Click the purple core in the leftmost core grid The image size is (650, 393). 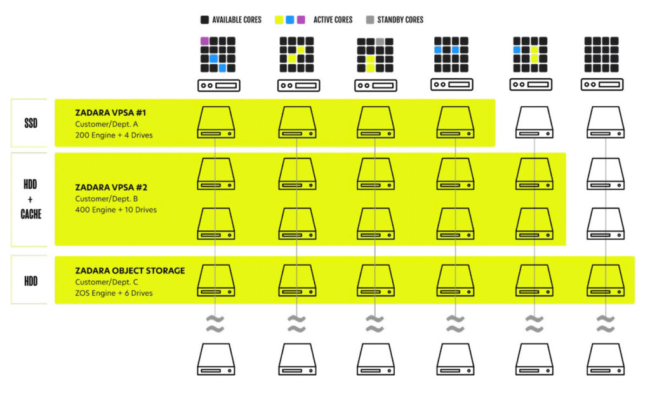[x=204, y=41]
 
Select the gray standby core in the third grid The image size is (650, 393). [x=380, y=41]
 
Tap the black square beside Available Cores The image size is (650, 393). [x=204, y=20]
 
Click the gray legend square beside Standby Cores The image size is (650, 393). [x=370, y=20]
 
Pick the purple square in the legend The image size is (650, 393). [x=301, y=20]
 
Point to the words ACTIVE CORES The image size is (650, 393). [x=333, y=20]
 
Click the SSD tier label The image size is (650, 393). [x=30, y=123]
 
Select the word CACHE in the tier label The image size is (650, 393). [x=30, y=214]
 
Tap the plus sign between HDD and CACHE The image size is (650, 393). [x=30, y=200]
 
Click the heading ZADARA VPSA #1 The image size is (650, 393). [x=110, y=113]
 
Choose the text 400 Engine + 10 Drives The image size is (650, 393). [x=116, y=210]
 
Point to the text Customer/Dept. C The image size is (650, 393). [x=107, y=282]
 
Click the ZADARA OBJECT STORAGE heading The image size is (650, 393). [x=130, y=271]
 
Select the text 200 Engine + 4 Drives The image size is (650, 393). [x=114, y=135]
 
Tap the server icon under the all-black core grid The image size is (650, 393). [x=602, y=85]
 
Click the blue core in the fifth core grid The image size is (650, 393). [x=517, y=50]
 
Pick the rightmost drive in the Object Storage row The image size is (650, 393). [x=606, y=280]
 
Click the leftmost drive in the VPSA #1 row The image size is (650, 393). [x=216, y=122]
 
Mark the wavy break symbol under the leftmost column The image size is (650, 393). [x=215, y=324]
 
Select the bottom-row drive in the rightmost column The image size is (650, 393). [x=606, y=359]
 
